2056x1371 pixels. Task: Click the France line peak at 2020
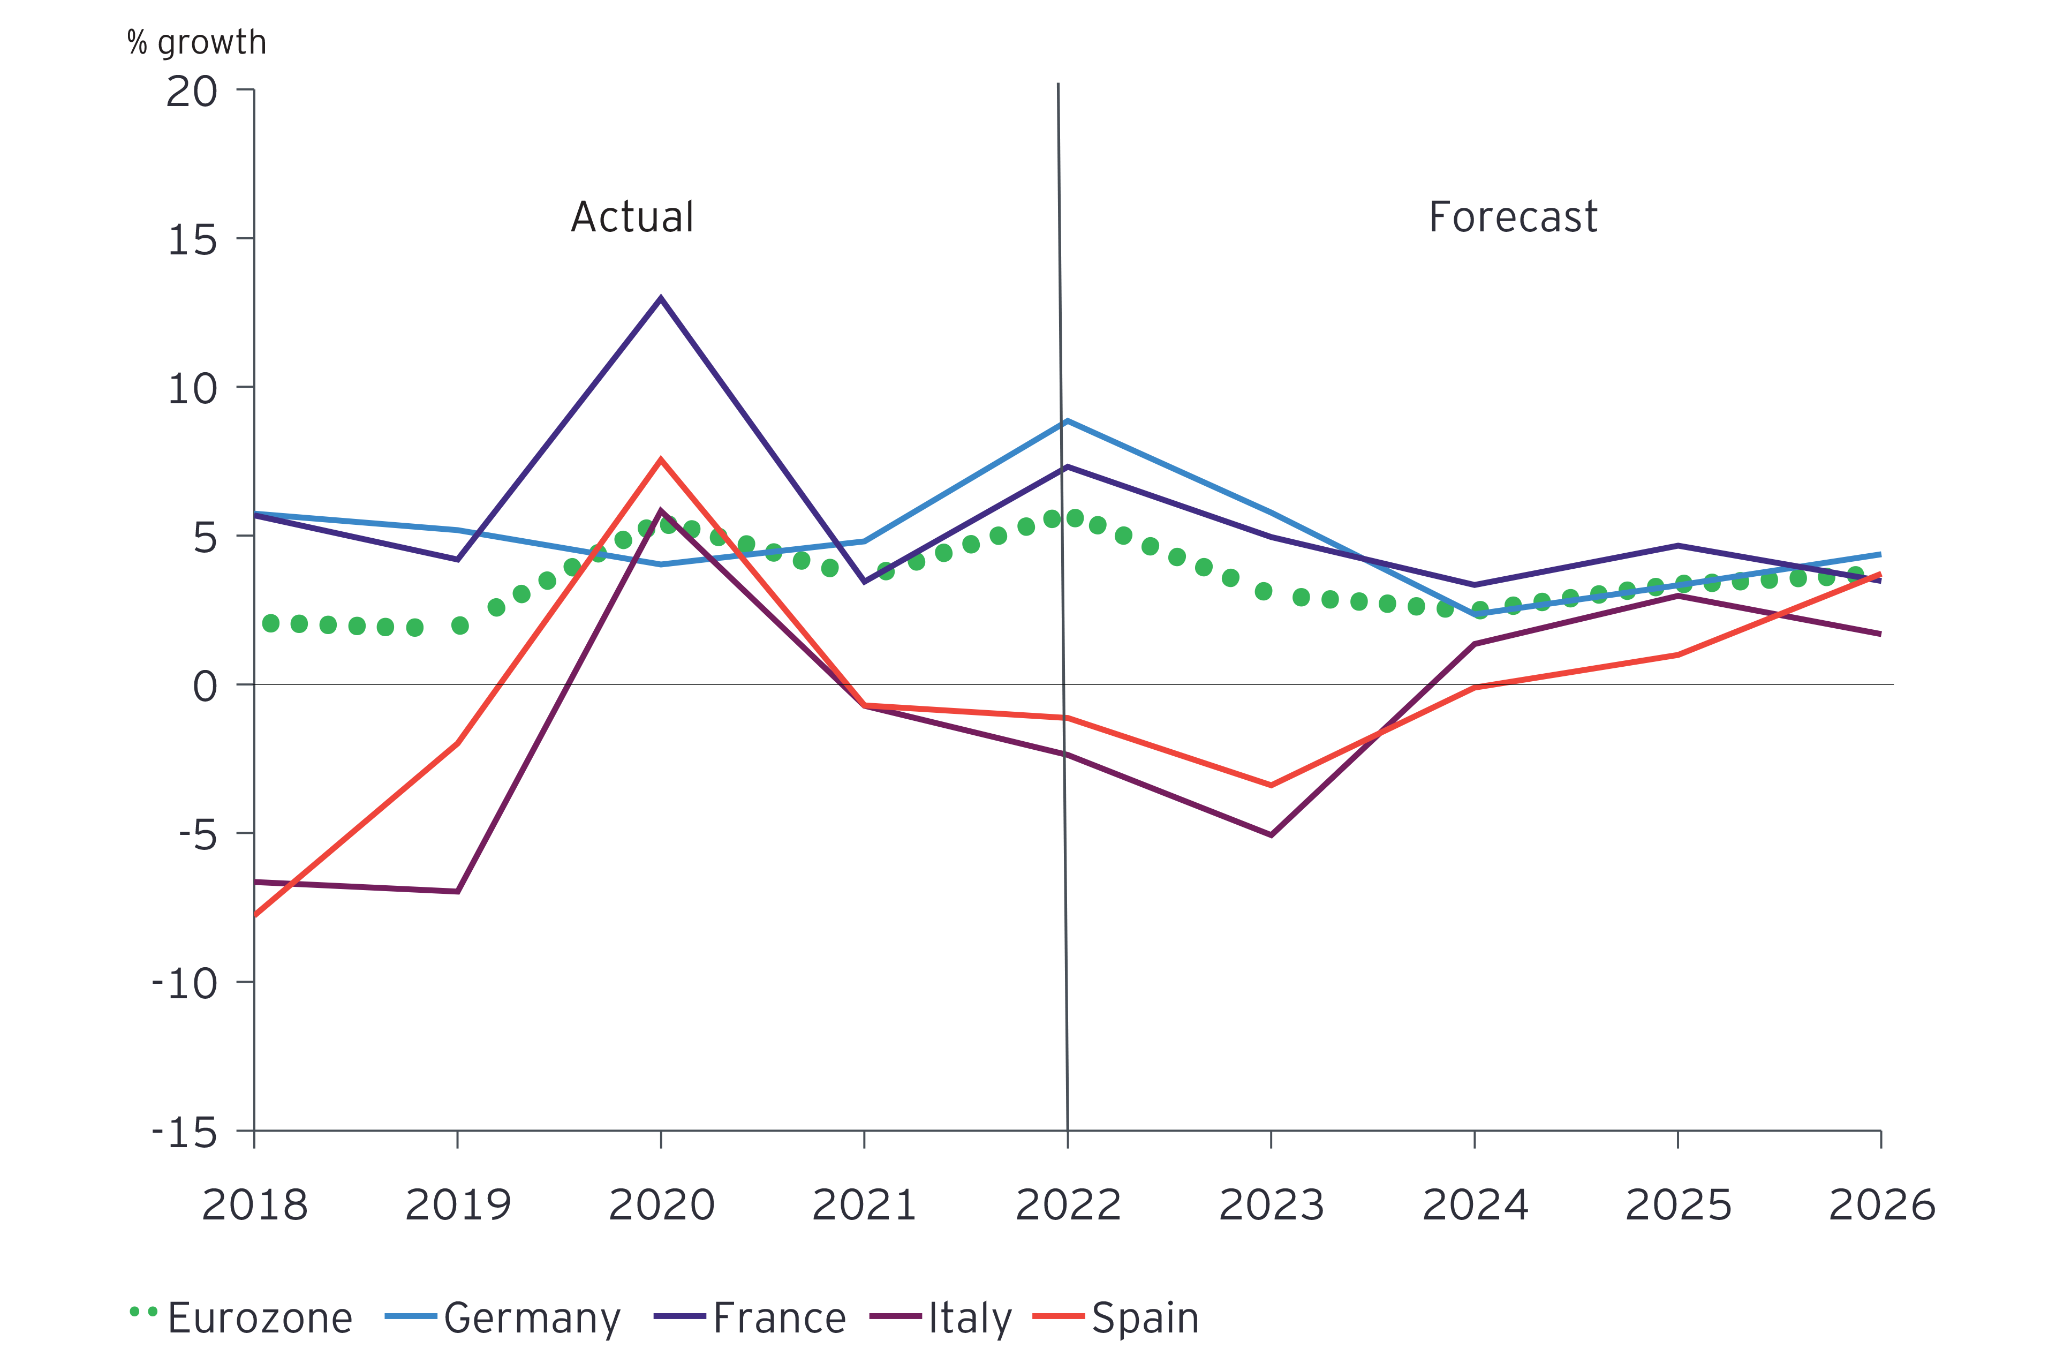661,298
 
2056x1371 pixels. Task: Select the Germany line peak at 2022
1067,420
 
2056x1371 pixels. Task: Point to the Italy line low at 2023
1270,835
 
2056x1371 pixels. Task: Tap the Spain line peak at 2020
661,459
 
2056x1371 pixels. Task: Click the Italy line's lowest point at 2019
457,891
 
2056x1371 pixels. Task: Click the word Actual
633,217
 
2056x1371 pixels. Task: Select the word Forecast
1513,217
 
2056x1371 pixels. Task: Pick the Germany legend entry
503,1317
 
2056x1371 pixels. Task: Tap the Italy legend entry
941,1317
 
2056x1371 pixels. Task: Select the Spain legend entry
1116,1317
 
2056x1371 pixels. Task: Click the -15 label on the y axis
184,1132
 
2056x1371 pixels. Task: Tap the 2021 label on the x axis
864,1205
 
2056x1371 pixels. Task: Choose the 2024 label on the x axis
1475,1205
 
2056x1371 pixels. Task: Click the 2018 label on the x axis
254,1205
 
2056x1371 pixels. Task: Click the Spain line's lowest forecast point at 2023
1270,785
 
